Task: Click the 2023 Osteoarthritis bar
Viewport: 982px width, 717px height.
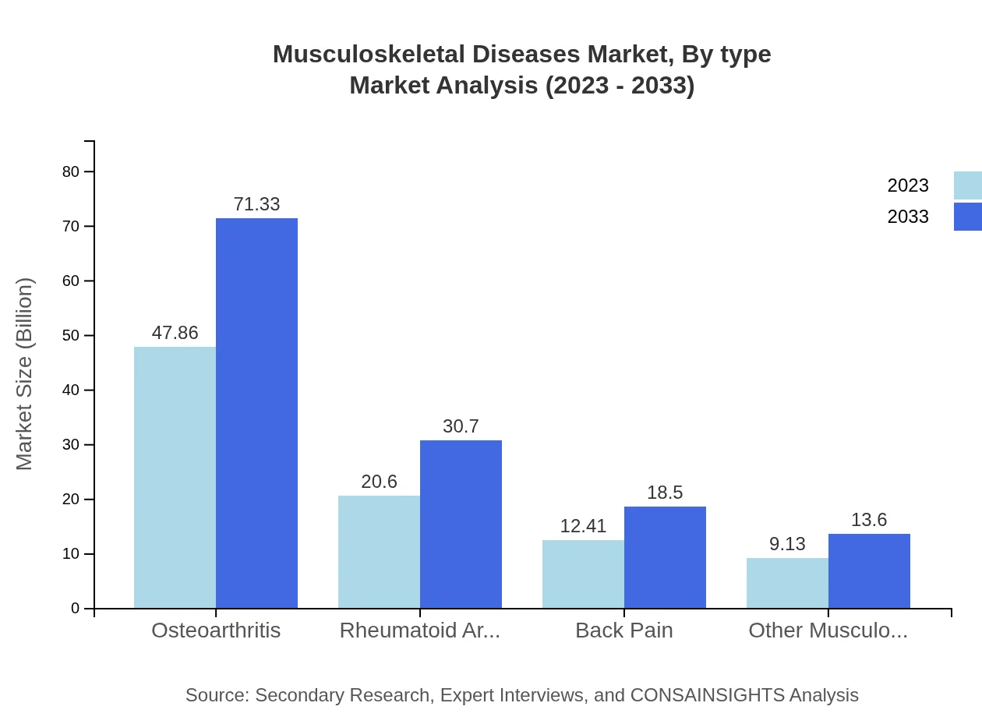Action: click(175, 477)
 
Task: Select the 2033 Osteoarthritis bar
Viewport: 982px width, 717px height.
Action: click(256, 413)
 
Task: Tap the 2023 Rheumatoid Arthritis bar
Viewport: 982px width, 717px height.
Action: click(379, 552)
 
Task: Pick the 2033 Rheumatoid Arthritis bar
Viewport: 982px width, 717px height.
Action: click(461, 524)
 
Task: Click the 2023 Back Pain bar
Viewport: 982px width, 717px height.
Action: click(583, 574)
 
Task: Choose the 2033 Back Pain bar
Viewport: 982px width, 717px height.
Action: click(665, 557)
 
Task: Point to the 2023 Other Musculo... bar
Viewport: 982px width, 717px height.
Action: click(787, 583)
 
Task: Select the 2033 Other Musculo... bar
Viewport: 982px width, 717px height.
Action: click(869, 570)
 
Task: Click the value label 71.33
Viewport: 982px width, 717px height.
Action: click(256, 204)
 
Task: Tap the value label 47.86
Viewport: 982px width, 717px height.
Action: click(175, 333)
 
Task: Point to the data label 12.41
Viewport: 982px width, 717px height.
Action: click(583, 526)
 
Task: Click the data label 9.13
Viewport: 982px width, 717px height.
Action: click(787, 544)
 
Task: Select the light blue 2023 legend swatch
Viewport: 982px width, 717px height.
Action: click(967, 185)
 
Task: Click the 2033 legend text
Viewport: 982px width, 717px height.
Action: click(908, 217)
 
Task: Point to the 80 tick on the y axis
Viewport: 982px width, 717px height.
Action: click(71, 171)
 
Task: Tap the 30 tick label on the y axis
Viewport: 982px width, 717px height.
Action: click(71, 445)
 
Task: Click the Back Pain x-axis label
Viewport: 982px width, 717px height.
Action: click(623, 630)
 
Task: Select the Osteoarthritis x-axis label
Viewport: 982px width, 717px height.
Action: click(216, 630)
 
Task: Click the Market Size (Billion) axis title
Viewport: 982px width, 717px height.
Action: click(25, 374)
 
